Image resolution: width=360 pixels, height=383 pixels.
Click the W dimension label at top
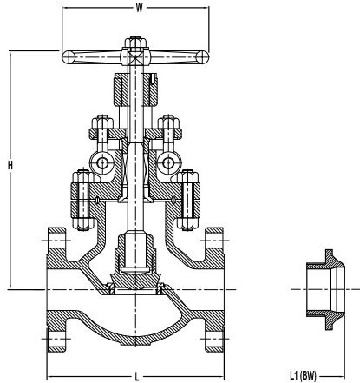[139, 8]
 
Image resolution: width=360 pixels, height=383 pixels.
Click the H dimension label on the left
[10, 165]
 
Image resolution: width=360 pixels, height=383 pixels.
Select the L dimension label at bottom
[137, 377]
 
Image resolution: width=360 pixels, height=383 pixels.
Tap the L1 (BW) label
[304, 376]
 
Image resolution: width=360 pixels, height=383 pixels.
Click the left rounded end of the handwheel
[69, 57]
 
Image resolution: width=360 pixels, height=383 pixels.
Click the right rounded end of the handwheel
[202, 56]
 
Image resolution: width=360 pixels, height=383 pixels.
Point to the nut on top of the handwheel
[135, 42]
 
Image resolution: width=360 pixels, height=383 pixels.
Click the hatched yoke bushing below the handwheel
[135, 89]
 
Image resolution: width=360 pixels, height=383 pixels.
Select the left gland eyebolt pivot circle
[102, 163]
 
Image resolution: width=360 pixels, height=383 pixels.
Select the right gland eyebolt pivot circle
[168, 163]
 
